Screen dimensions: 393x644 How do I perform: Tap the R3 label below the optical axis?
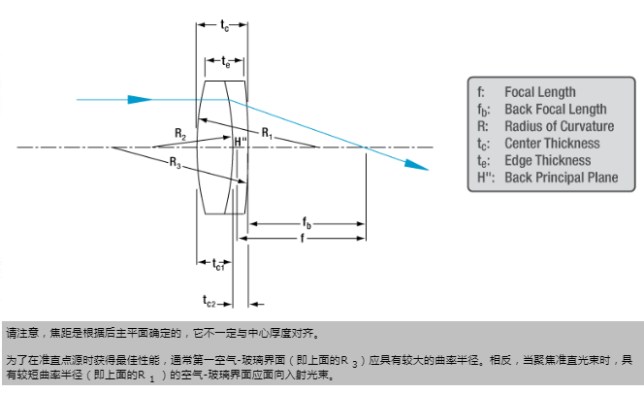point(175,163)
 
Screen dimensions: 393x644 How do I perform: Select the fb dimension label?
point(306,223)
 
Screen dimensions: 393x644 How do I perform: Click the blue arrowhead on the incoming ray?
point(145,98)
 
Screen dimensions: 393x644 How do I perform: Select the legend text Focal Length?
point(539,92)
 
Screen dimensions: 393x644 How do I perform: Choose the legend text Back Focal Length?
point(555,110)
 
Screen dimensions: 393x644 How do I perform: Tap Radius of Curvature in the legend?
point(559,126)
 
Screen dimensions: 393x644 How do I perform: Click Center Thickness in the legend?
point(553,144)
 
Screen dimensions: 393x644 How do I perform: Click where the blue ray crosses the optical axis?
point(365,147)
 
